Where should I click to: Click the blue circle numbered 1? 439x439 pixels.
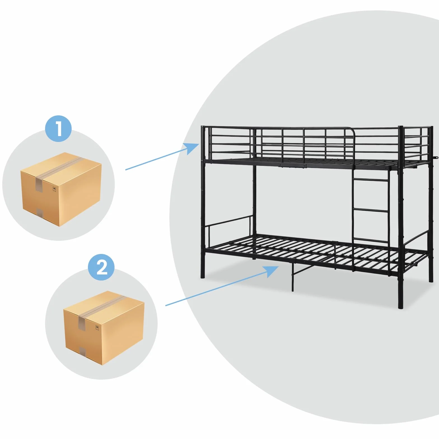coord(59,129)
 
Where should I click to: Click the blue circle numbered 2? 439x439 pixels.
coord(101,267)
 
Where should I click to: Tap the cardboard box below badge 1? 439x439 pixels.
coord(61,190)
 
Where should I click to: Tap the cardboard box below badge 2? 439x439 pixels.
coord(104,328)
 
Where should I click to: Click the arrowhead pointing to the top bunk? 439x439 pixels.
coord(192,148)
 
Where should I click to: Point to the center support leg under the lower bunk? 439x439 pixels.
coord(293,277)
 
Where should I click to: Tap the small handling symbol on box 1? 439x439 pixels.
coord(54,190)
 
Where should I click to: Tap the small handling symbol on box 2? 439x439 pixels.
coord(97,328)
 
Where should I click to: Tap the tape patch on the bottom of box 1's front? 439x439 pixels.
coord(40,213)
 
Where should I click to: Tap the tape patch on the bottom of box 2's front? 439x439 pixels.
coord(83,351)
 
